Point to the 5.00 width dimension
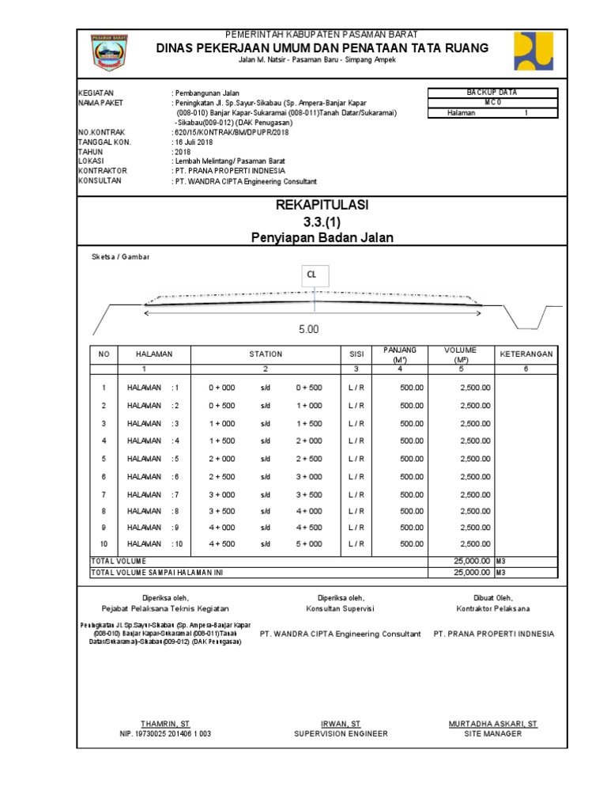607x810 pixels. click(308, 329)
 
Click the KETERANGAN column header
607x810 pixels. click(525, 354)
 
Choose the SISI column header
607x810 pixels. click(356, 354)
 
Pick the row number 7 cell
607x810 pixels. click(103, 494)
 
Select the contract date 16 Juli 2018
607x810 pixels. click(194, 142)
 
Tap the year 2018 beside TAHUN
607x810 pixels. click(183, 151)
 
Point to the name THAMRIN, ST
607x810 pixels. click(165, 724)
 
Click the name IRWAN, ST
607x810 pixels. click(341, 724)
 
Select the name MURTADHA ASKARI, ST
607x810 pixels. click(492, 724)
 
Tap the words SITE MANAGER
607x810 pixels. click(492, 734)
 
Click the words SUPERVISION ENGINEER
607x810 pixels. click(341, 734)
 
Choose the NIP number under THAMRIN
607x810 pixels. click(165, 734)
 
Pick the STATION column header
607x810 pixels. click(266, 354)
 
